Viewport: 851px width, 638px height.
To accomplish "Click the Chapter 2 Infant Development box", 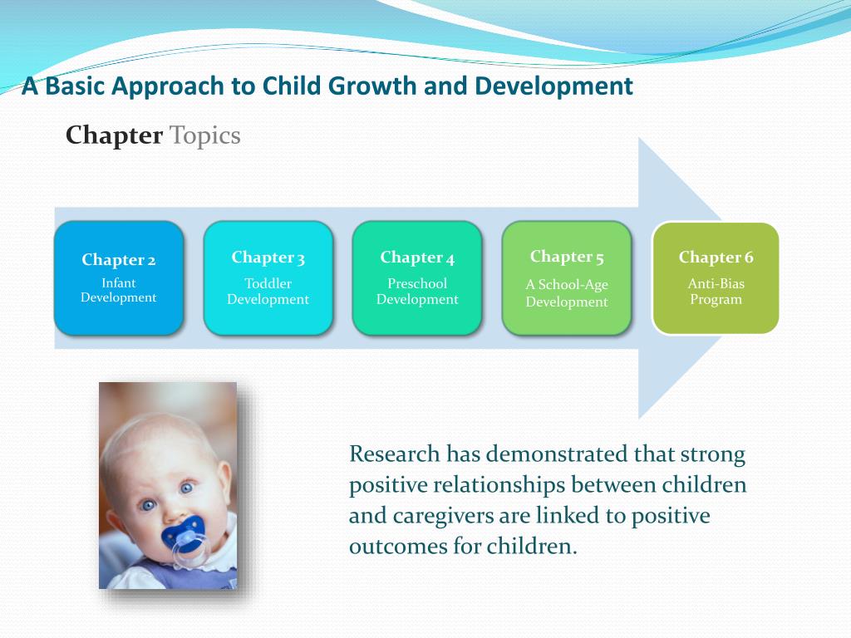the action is point(119,277).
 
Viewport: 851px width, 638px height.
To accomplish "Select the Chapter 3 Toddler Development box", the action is point(268,277).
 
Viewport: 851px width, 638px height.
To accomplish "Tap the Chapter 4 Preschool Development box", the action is point(417,277).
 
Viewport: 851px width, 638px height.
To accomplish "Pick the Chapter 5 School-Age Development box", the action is point(567,277).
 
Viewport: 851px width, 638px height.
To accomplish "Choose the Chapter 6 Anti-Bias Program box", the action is point(716,277).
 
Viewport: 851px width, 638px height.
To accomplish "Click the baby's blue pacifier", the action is point(185,538).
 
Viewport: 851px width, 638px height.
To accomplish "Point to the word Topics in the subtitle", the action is point(205,135).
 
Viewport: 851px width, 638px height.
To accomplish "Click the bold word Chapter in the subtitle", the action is point(114,135).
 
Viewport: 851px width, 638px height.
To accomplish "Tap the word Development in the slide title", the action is point(553,86).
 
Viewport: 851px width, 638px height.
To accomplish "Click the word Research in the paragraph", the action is point(394,454).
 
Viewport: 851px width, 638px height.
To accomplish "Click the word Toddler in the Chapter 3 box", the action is point(268,283).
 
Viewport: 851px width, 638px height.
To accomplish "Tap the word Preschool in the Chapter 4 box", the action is point(417,283).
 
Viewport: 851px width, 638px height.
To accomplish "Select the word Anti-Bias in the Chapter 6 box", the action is point(716,283).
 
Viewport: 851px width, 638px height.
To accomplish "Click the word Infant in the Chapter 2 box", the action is point(118,282).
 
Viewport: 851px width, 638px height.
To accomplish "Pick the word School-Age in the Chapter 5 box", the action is point(573,285).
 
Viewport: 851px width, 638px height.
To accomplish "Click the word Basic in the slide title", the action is point(74,86).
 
